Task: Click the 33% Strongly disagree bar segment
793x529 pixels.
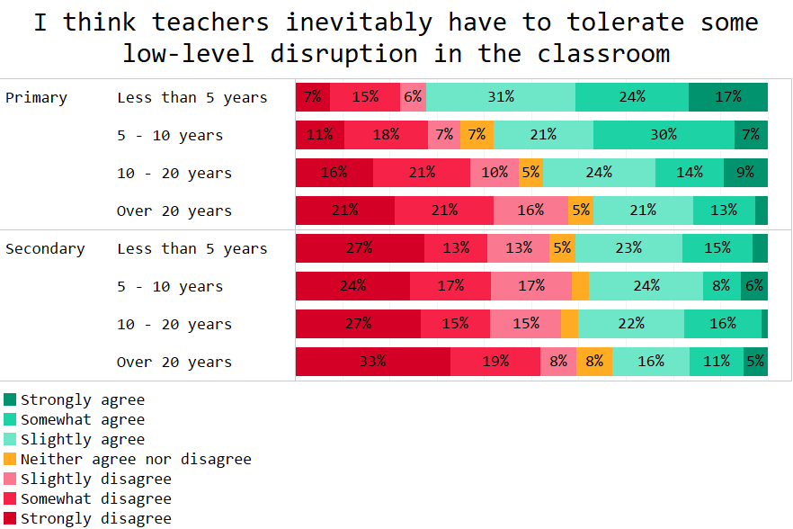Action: (373, 362)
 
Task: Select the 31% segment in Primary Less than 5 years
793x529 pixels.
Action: (501, 97)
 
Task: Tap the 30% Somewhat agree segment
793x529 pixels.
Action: (664, 135)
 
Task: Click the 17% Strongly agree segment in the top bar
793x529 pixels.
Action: (728, 97)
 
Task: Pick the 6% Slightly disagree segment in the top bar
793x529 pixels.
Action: (413, 97)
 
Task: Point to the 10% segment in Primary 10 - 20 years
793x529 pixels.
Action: (495, 173)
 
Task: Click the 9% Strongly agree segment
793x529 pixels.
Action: (745, 173)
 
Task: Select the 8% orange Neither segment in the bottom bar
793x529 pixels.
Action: (594, 362)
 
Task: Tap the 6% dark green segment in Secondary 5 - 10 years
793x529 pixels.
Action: (754, 286)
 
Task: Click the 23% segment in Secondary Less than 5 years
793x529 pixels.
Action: (628, 248)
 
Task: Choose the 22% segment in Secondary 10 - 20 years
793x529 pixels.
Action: (631, 324)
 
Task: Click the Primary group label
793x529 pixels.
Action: (36, 97)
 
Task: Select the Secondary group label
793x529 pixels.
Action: (45, 248)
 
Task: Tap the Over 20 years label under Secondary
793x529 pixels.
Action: (174, 362)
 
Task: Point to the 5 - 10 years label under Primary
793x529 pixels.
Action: (169, 135)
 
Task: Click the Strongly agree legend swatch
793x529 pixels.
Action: (10, 399)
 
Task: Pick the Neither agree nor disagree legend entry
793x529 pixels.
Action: (135, 459)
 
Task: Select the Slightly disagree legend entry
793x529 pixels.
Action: (95, 479)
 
